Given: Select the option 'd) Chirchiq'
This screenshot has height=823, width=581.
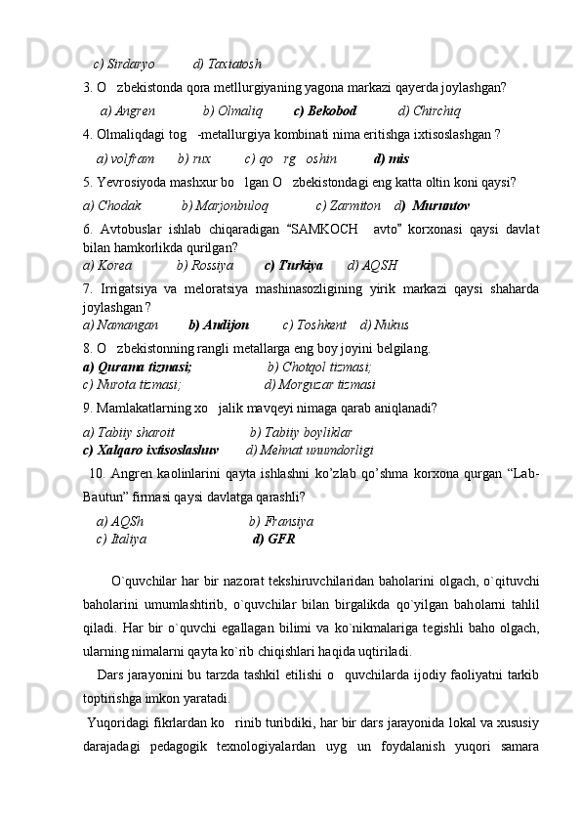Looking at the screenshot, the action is [430, 110].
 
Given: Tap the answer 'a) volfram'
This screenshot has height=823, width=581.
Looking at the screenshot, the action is [125, 158].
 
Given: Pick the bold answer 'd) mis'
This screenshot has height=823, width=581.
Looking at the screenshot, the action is [391, 158].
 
